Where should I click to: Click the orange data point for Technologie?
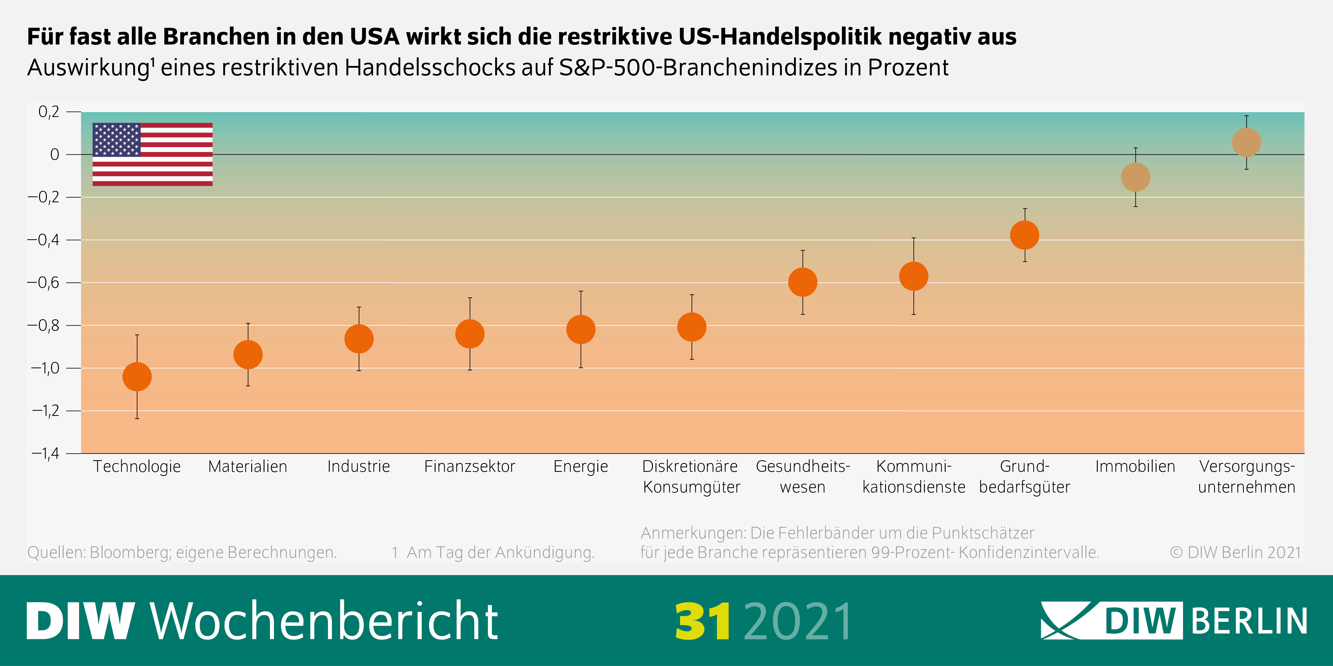click(137, 376)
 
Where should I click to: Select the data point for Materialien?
click(248, 355)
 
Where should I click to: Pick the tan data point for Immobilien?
click(1135, 177)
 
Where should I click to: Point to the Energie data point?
click(581, 329)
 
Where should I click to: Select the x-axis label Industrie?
click(359, 466)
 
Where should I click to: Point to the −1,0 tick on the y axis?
click(46, 368)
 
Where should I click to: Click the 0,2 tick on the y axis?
click(49, 112)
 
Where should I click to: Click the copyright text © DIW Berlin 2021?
click(1235, 552)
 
